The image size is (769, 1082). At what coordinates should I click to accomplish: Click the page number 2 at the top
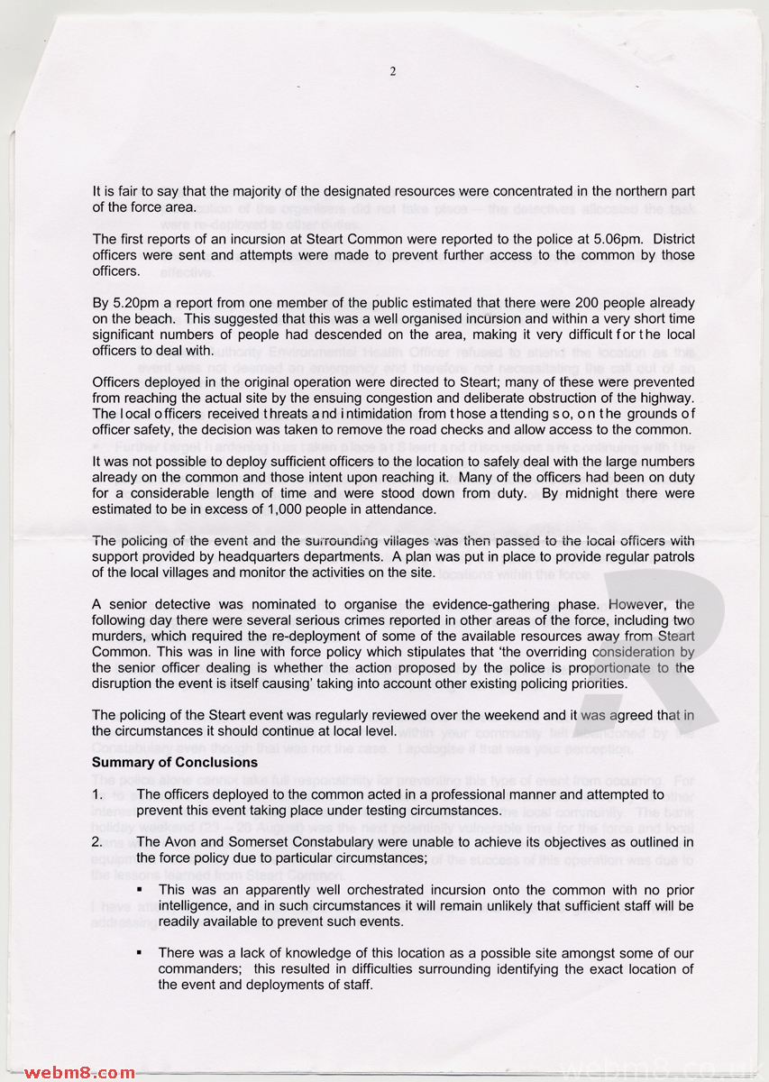pyautogui.click(x=393, y=71)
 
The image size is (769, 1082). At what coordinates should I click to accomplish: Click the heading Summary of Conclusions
pyautogui.click(x=175, y=762)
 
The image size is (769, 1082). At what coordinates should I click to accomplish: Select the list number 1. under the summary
pyautogui.click(x=98, y=794)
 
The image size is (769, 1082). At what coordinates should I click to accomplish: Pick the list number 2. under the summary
pyautogui.click(x=98, y=842)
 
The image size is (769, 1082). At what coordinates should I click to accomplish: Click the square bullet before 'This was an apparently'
pyautogui.click(x=141, y=889)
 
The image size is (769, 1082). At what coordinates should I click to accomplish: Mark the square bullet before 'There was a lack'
pyautogui.click(x=141, y=953)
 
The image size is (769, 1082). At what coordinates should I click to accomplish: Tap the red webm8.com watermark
pyautogui.click(x=79, y=1072)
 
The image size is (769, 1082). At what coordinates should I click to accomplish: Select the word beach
pyautogui.click(x=146, y=318)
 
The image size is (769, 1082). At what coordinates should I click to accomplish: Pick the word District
pyautogui.click(x=661, y=239)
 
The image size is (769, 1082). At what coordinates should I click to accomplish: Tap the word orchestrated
pyautogui.click(x=375, y=889)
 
